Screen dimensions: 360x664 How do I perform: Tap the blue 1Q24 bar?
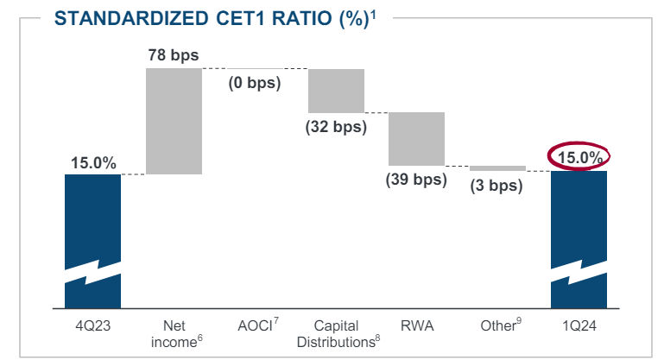click(579, 216)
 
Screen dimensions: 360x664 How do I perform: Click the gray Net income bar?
click(174, 121)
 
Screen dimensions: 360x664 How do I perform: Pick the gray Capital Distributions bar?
click(336, 90)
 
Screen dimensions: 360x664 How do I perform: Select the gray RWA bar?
click(416, 138)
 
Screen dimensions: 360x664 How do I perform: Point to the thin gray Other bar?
click(497, 168)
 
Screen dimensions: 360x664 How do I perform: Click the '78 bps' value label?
click(173, 55)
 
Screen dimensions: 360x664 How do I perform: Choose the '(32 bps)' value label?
click(336, 126)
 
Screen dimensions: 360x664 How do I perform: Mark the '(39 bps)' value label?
click(416, 180)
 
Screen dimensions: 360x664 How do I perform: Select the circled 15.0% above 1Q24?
click(579, 157)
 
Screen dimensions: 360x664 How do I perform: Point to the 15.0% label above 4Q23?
click(92, 162)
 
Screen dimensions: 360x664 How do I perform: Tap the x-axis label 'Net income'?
click(174, 332)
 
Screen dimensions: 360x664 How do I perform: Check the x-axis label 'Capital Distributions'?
click(336, 332)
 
